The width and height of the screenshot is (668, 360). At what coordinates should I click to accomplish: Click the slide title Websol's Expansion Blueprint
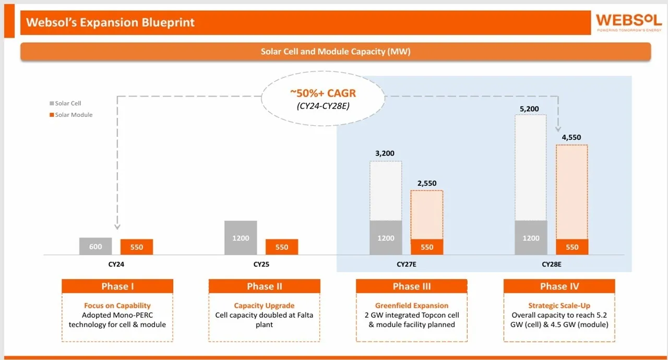[x=110, y=22]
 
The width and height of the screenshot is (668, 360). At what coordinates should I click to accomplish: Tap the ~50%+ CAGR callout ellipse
[x=323, y=98]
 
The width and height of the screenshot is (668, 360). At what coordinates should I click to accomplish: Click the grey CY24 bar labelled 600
[x=96, y=246]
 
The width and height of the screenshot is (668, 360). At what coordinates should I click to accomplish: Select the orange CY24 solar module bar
[x=137, y=247]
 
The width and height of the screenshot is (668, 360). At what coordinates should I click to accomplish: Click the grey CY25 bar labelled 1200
[x=241, y=238]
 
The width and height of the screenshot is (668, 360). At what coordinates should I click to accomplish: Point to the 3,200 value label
[x=386, y=154]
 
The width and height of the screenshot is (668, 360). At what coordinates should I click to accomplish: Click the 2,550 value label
[x=426, y=183]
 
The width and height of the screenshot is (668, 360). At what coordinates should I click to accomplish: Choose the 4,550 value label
[x=571, y=138]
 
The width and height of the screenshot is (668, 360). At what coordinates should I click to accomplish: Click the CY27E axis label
[x=407, y=265]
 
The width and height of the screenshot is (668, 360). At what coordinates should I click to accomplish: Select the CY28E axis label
[x=552, y=265]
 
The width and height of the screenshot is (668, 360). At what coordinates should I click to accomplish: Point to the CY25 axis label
[x=261, y=265]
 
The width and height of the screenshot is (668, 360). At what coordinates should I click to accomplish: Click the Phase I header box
[x=117, y=286]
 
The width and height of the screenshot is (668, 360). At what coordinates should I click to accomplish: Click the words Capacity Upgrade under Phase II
[x=264, y=306]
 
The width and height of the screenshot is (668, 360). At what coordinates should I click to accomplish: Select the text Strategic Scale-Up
[x=559, y=306]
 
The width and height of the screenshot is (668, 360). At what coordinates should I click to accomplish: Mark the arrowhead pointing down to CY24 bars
[x=117, y=226]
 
